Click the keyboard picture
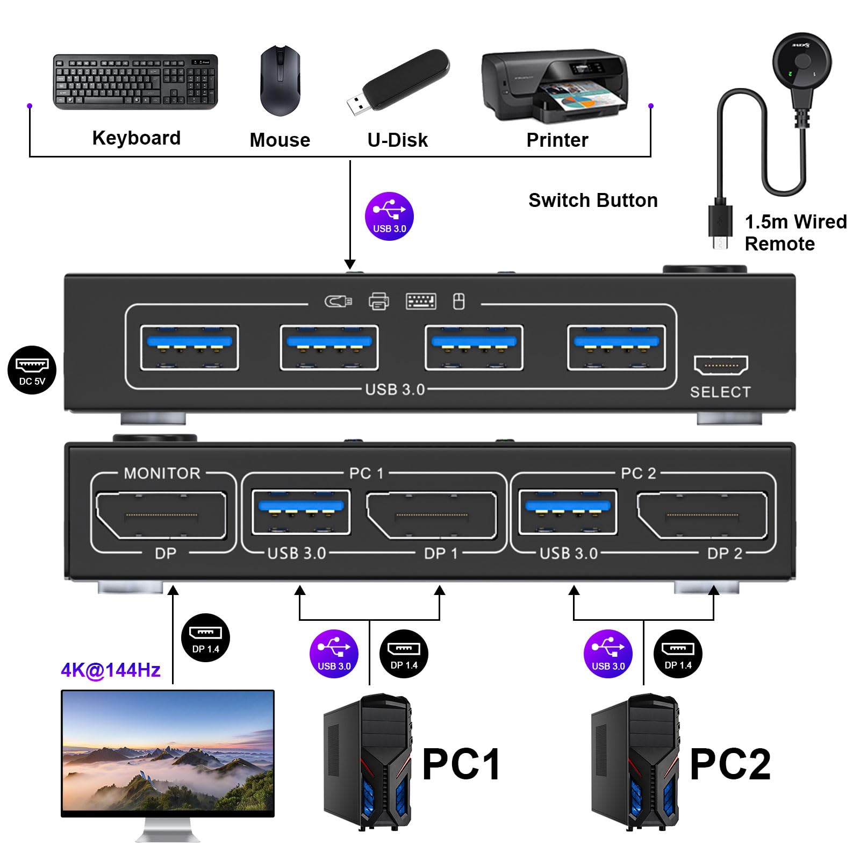tap(135, 82)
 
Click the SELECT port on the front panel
tap(720, 365)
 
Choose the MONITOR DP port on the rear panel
tap(161, 515)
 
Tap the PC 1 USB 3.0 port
tap(301, 512)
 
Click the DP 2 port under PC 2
tap(702, 515)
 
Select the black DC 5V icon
tap(32, 370)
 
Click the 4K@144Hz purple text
tap(111, 670)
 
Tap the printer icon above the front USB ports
tap(379, 302)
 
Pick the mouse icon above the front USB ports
tap(458, 302)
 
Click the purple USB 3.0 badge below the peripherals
tap(389, 216)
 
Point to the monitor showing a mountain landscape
tap(168, 752)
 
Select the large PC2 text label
tap(730, 764)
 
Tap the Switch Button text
tap(593, 200)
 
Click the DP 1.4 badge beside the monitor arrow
tap(206, 637)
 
